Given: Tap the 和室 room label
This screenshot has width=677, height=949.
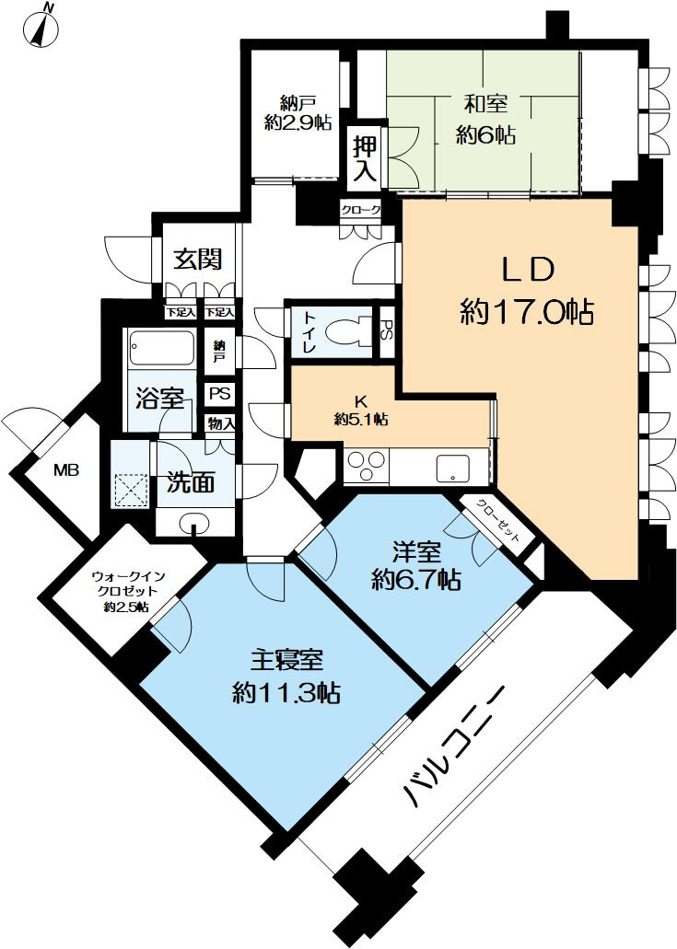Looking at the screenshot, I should coord(485,119).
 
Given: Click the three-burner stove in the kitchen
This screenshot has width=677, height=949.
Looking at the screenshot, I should coord(367,466).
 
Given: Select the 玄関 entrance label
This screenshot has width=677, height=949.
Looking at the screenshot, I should coord(196,259).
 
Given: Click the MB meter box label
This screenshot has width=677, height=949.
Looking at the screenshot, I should coord(65,470).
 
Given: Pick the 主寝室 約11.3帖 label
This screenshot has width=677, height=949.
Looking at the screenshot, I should coord(286,676).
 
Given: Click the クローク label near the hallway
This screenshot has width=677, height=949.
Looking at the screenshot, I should coord(361,210).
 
